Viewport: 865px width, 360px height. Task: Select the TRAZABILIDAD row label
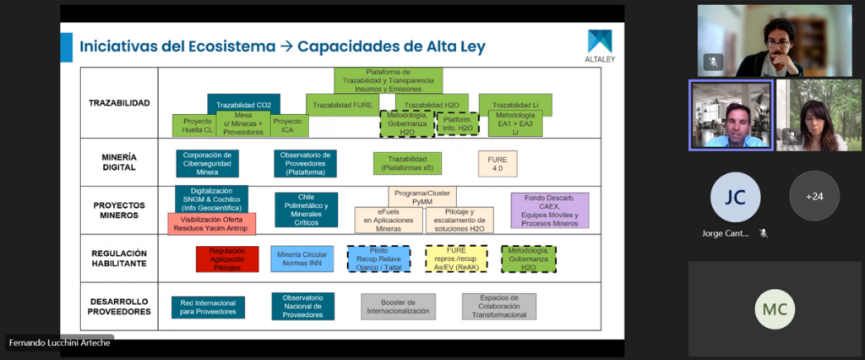point(119,103)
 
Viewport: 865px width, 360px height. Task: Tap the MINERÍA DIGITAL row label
point(119,162)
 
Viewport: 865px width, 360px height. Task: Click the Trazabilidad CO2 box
point(243,105)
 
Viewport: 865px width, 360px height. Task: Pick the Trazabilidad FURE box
point(342,105)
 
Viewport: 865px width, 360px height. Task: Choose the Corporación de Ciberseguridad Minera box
point(207,163)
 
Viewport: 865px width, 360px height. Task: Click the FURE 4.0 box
point(498,163)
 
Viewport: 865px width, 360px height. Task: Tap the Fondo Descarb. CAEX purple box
point(549,210)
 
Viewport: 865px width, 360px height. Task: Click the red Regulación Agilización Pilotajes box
point(227,259)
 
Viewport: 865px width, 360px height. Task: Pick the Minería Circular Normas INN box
point(302,259)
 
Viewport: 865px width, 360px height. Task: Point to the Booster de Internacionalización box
point(397,306)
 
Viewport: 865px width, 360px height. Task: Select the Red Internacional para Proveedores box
point(208,307)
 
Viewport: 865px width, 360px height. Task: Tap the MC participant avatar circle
point(775,309)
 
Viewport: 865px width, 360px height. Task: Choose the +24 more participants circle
point(813,195)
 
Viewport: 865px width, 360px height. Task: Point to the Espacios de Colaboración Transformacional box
point(498,306)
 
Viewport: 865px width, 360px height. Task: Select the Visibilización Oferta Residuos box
point(211,223)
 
